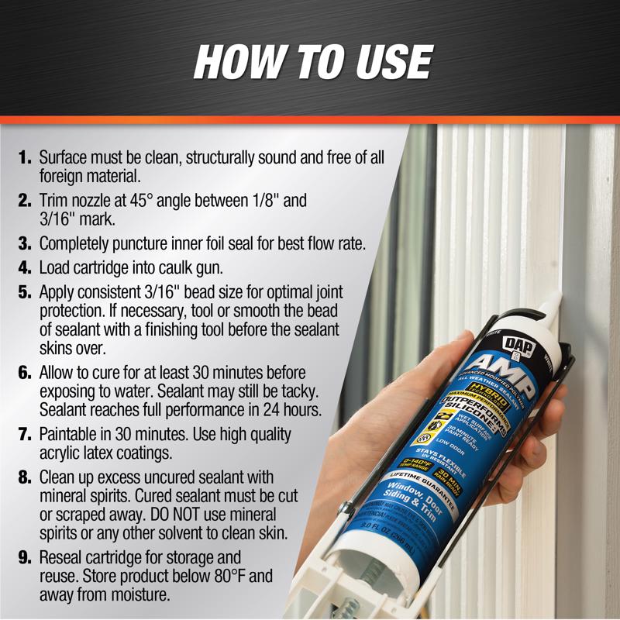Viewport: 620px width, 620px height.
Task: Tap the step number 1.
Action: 26,157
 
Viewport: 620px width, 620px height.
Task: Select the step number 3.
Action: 26,244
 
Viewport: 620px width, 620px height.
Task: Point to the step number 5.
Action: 26,294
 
